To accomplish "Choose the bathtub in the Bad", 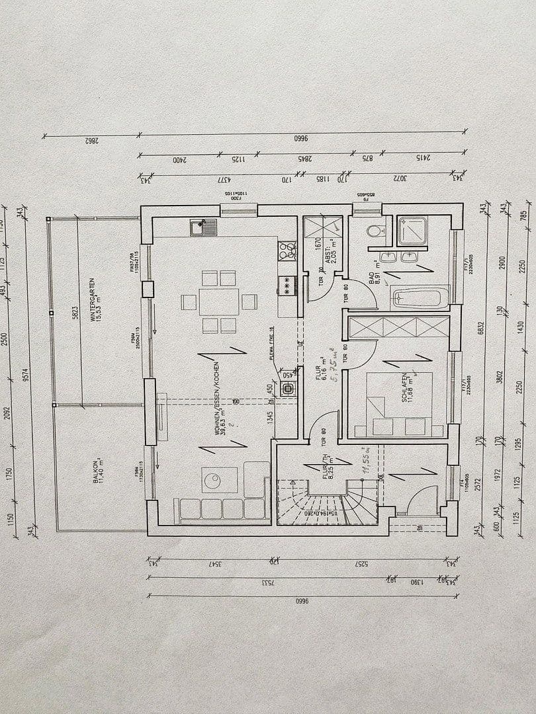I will pos(420,297).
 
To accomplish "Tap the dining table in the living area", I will pos(219,301).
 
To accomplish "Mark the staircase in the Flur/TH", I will pos(324,501).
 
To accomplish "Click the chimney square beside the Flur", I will pos(287,389).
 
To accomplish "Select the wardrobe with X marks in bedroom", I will pos(398,327).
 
